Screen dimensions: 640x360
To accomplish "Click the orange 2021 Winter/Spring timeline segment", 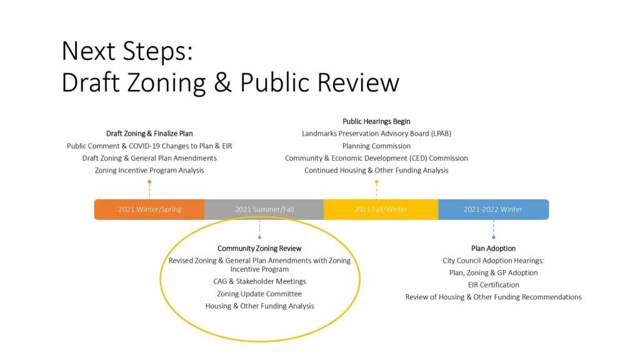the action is click(149, 209).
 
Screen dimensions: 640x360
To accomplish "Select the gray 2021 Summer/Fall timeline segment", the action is click(264, 209).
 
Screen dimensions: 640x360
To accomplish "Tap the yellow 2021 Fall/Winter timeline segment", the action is click(381, 209).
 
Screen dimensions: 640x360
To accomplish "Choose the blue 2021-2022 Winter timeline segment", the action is click(494, 209).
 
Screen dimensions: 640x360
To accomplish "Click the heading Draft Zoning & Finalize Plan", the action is click(149, 134).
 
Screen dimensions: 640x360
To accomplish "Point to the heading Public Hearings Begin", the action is click(376, 121).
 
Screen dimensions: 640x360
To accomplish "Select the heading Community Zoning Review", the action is click(259, 248).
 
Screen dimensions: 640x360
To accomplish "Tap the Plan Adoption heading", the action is click(494, 248).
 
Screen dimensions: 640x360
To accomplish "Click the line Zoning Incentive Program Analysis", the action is click(149, 170).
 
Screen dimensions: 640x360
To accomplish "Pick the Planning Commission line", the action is click(376, 146).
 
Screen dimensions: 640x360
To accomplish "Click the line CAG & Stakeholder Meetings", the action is click(259, 281).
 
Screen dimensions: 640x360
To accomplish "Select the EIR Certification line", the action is click(494, 285).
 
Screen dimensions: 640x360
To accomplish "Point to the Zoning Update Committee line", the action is click(259, 294).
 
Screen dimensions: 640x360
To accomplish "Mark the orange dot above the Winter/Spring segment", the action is click(149, 182).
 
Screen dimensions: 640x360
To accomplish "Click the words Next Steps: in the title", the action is click(127, 51).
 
